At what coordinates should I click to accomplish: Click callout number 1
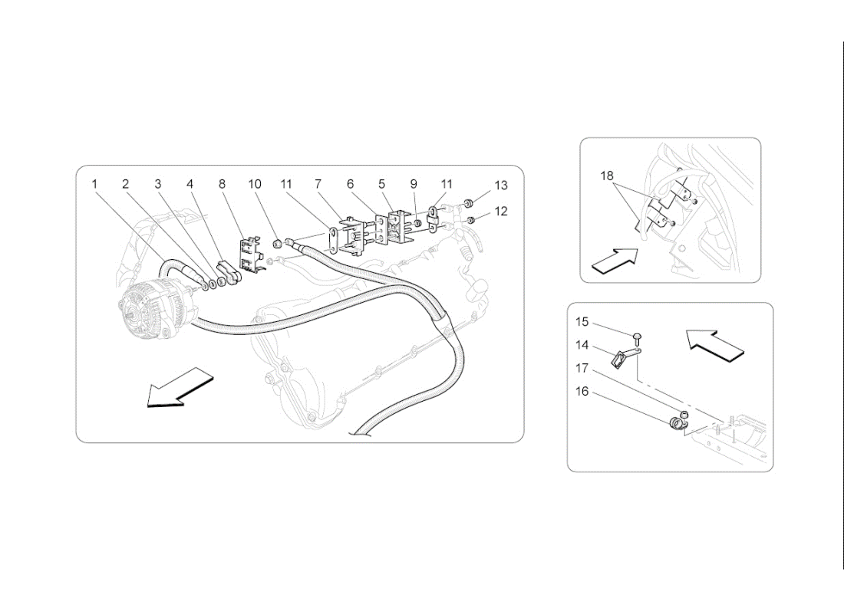[x=94, y=184]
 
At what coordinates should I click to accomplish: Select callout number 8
[x=222, y=184]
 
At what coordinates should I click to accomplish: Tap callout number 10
[x=254, y=184]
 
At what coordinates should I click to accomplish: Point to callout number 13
[x=501, y=185]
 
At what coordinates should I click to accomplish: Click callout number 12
[x=501, y=211]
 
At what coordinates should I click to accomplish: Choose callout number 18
[x=607, y=176]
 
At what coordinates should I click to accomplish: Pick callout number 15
[x=582, y=322]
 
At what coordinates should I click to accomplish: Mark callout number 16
[x=582, y=392]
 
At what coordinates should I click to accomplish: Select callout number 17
[x=582, y=369]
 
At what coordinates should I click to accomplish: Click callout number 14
[x=582, y=345]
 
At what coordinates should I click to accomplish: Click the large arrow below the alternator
[x=180, y=387]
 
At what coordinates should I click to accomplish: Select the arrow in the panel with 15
[x=715, y=344]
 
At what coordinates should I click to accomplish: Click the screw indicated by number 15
[x=638, y=337]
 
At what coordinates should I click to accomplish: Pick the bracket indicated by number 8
[x=252, y=253]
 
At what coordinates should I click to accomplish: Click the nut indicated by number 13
[x=468, y=202]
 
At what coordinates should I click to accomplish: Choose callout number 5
[x=381, y=184]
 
